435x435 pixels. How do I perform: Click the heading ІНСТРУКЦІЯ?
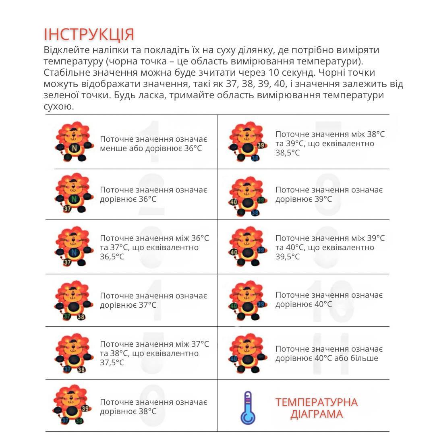(89, 34)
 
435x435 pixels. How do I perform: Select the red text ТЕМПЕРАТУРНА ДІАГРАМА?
(316, 408)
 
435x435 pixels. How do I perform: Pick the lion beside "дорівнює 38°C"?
(72, 405)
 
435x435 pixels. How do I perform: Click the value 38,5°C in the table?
(288, 153)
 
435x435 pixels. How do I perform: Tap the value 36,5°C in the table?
(112, 257)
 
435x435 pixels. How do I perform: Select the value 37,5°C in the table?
(112, 362)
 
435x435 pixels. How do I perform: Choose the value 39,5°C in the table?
(288, 257)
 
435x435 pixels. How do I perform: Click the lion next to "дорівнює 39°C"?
(247, 196)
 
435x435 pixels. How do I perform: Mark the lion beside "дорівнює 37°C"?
(72, 300)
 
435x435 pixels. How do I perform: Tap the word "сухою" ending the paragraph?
(59, 107)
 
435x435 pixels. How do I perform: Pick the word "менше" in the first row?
(112, 148)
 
